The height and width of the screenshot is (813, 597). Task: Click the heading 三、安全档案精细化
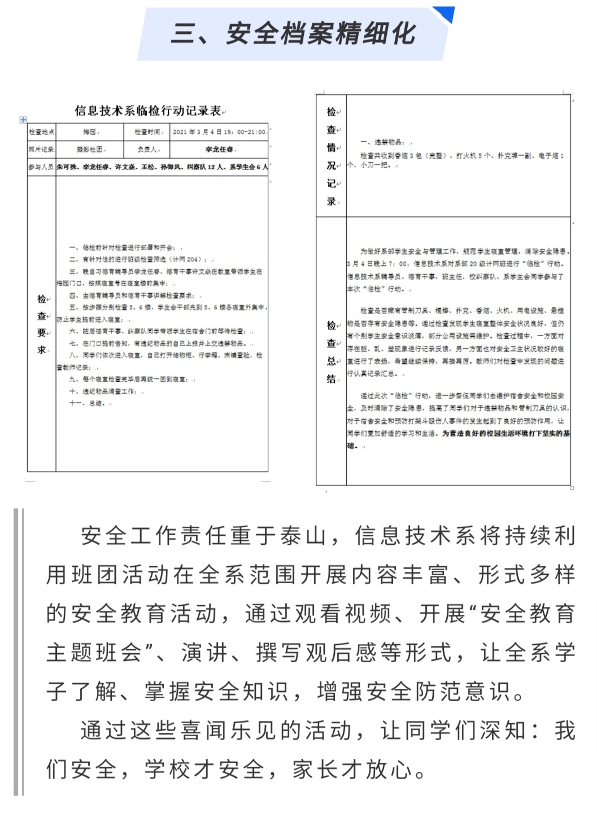point(293,34)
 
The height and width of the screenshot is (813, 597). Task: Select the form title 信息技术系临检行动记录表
point(148,111)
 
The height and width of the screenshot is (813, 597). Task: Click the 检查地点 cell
point(41,132)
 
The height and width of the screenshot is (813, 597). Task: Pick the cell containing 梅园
point(90,132)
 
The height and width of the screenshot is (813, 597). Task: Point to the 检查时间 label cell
point(147,132)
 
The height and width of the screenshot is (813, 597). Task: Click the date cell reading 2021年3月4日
point(219,132)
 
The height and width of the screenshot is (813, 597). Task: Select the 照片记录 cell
point(41,150)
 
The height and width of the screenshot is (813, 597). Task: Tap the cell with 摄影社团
point(90,150)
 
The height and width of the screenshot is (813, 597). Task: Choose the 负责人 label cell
point(147,150)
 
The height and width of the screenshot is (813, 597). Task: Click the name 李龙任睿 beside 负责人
point(219,150)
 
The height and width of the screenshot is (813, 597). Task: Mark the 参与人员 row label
point(41,167)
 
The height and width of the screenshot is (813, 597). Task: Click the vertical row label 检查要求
point(42,324)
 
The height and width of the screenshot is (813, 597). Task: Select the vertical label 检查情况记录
point(332,156)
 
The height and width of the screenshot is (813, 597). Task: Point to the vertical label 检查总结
point(332,351)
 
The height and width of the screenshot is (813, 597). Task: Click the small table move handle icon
point(23,120)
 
